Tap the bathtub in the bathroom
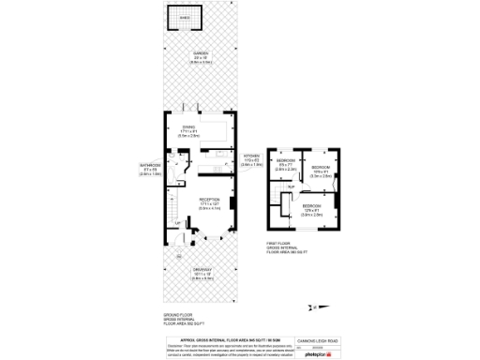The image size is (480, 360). point(173,159)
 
